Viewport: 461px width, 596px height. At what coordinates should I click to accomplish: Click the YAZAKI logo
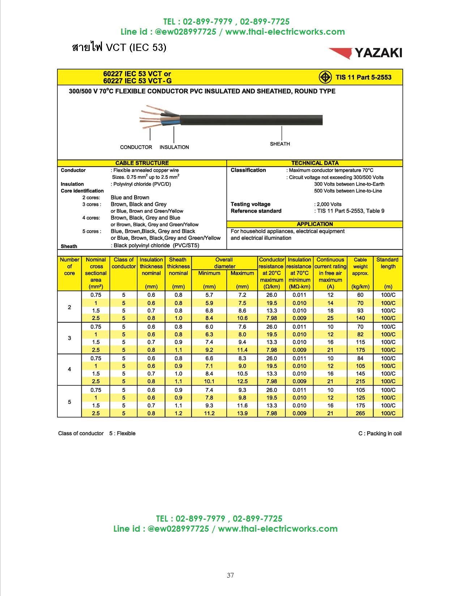click(365, 53)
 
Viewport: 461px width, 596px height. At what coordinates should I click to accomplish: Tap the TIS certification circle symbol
click(325, 77)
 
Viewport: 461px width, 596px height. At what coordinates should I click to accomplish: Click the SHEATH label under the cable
click(280, 144)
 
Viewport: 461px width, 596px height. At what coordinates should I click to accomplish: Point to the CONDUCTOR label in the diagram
click(136, 147)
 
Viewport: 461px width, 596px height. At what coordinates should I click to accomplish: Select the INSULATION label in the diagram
click(174, 147)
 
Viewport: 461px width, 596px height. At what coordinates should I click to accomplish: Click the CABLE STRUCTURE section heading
click(142, 163)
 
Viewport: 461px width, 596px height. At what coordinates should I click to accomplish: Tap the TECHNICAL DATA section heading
click(315, 163)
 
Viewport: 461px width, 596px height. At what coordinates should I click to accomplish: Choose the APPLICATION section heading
click(315, 224)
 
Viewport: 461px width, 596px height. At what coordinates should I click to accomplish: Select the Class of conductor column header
click(124, 263)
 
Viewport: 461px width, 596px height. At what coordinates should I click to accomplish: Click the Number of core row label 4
click(69, 369)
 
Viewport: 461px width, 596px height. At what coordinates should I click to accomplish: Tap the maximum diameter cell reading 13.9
click(242, 413)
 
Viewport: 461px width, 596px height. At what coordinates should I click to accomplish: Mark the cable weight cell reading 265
click(360, 413)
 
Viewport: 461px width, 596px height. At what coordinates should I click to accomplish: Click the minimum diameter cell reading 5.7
click(209, 295)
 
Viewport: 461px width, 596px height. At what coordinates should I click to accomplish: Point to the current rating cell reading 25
click(330, 318)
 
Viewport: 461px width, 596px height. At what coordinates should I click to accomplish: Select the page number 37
click(230, 575)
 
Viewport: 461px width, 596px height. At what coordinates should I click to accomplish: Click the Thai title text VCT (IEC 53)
click(119, 47)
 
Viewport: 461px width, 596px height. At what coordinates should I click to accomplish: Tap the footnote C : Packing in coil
click(380, 433)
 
